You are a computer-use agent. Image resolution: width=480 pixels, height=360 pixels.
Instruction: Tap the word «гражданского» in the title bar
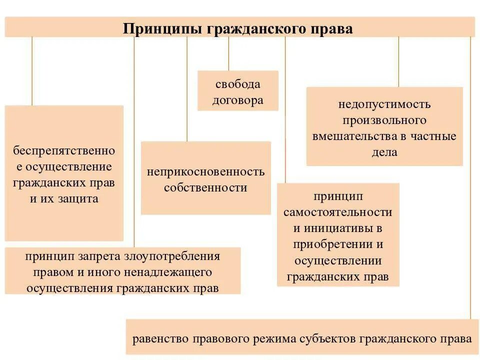click(x=253, y=28)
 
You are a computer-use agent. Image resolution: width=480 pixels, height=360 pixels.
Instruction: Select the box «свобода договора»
click(x=237, y=90)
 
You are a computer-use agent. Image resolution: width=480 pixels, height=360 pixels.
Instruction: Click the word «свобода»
click(x=238, y=84)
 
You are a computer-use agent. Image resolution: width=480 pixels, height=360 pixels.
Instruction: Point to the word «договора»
click(x=238, y=100)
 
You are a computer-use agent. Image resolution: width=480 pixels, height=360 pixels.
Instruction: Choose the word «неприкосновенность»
click(x=205, y=171)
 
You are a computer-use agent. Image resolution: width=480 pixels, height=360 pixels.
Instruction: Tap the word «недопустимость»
click(x=384, y=104)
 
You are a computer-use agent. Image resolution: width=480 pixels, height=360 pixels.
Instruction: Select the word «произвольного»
click(x=384, y=120)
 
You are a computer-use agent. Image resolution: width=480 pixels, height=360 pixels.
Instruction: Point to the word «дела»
click(x=384, y=152)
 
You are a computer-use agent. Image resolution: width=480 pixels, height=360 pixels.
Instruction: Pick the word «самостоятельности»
click(x=338, y=211)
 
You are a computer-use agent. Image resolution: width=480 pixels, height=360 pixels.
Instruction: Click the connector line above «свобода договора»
click(x=228, y=53)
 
